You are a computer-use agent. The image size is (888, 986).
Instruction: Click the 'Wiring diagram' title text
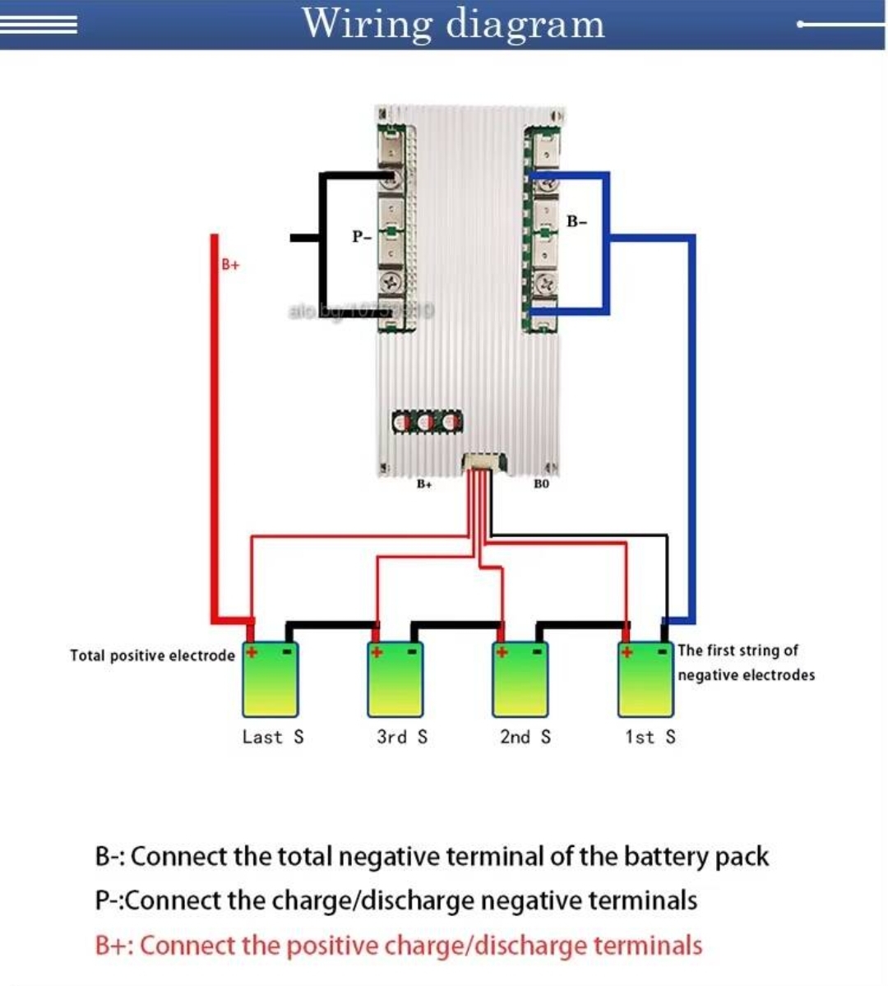tap(453, 24)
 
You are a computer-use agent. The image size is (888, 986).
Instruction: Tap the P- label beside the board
tap(362, 237)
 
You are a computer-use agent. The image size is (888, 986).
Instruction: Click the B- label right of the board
tap(577, 221)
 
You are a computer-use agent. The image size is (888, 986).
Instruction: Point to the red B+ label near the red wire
tap(230, 265)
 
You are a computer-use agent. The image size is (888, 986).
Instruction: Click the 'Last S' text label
tap(273, 737)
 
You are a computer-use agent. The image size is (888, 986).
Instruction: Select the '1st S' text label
tap(650, 737)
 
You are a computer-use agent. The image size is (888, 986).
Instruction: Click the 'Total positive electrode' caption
tap(152, 655)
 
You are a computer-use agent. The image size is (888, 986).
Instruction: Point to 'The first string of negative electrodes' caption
tap(746, 662)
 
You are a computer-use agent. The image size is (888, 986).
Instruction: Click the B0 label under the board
tap(541, 484)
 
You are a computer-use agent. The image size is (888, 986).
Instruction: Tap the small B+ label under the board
tap(423, 484)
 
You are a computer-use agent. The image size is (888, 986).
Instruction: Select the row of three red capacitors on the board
tap(427, 422)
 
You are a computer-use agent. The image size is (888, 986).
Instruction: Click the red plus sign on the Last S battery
tap(252, 652)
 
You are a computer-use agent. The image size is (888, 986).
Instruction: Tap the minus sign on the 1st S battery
tap(663, 652)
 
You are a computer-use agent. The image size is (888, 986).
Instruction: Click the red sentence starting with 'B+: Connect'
tap(399, 946)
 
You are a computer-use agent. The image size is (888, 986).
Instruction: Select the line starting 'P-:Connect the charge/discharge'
tap(396, 900)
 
